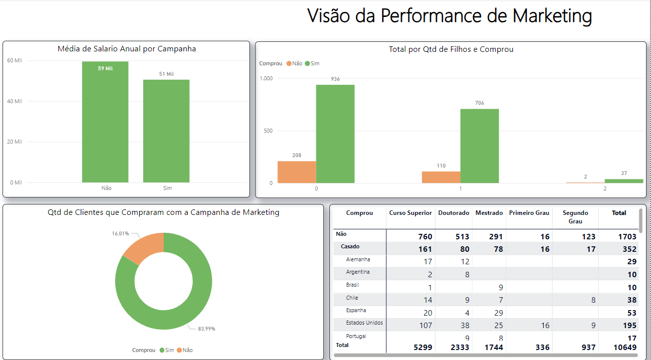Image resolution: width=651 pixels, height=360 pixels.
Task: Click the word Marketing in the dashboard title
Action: (552, 15)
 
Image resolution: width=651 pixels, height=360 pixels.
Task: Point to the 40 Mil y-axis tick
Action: (14, 101)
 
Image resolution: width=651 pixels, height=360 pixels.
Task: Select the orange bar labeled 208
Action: (296, 172)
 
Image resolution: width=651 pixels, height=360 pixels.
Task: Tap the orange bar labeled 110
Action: (441, 177)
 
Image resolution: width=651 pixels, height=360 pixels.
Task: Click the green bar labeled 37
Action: (624, 181)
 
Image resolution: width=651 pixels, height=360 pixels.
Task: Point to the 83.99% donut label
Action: (206, 329)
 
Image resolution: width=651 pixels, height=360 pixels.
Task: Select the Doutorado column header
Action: (453, 213)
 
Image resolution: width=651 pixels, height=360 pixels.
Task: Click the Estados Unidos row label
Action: (364, 323)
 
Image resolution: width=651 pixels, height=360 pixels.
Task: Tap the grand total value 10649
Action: (626, 347)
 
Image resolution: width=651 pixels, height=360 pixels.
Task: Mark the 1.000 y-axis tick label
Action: (266, 78)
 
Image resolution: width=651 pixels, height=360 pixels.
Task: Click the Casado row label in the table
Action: (350, 247)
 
